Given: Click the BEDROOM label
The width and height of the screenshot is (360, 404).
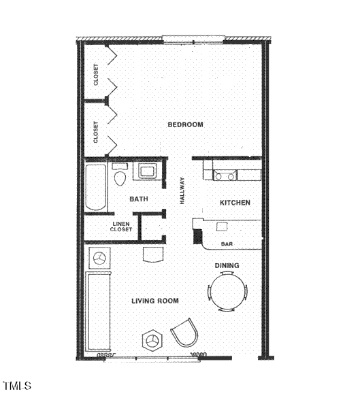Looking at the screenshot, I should point(186,124).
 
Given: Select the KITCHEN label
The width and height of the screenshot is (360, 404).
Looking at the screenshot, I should point(235,203).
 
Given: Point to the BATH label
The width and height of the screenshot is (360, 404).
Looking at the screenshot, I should point(139,199).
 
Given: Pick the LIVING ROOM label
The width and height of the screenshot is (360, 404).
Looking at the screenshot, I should point(156,301).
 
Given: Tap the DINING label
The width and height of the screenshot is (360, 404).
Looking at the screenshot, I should point(227,265).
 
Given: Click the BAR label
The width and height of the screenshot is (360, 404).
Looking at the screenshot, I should point(228,244).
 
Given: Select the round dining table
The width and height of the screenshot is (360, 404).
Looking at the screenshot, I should point(227,292).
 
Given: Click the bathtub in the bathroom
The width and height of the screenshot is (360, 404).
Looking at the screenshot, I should point(96,187).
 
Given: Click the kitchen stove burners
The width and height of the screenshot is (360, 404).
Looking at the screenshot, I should point(225,175).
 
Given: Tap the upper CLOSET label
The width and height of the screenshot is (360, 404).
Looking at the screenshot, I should point(96,74).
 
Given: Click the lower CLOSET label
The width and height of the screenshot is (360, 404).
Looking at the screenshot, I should point(96,131).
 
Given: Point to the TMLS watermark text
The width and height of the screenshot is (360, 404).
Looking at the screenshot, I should point(17,386).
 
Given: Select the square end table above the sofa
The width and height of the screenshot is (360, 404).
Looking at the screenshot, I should point(99,258).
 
